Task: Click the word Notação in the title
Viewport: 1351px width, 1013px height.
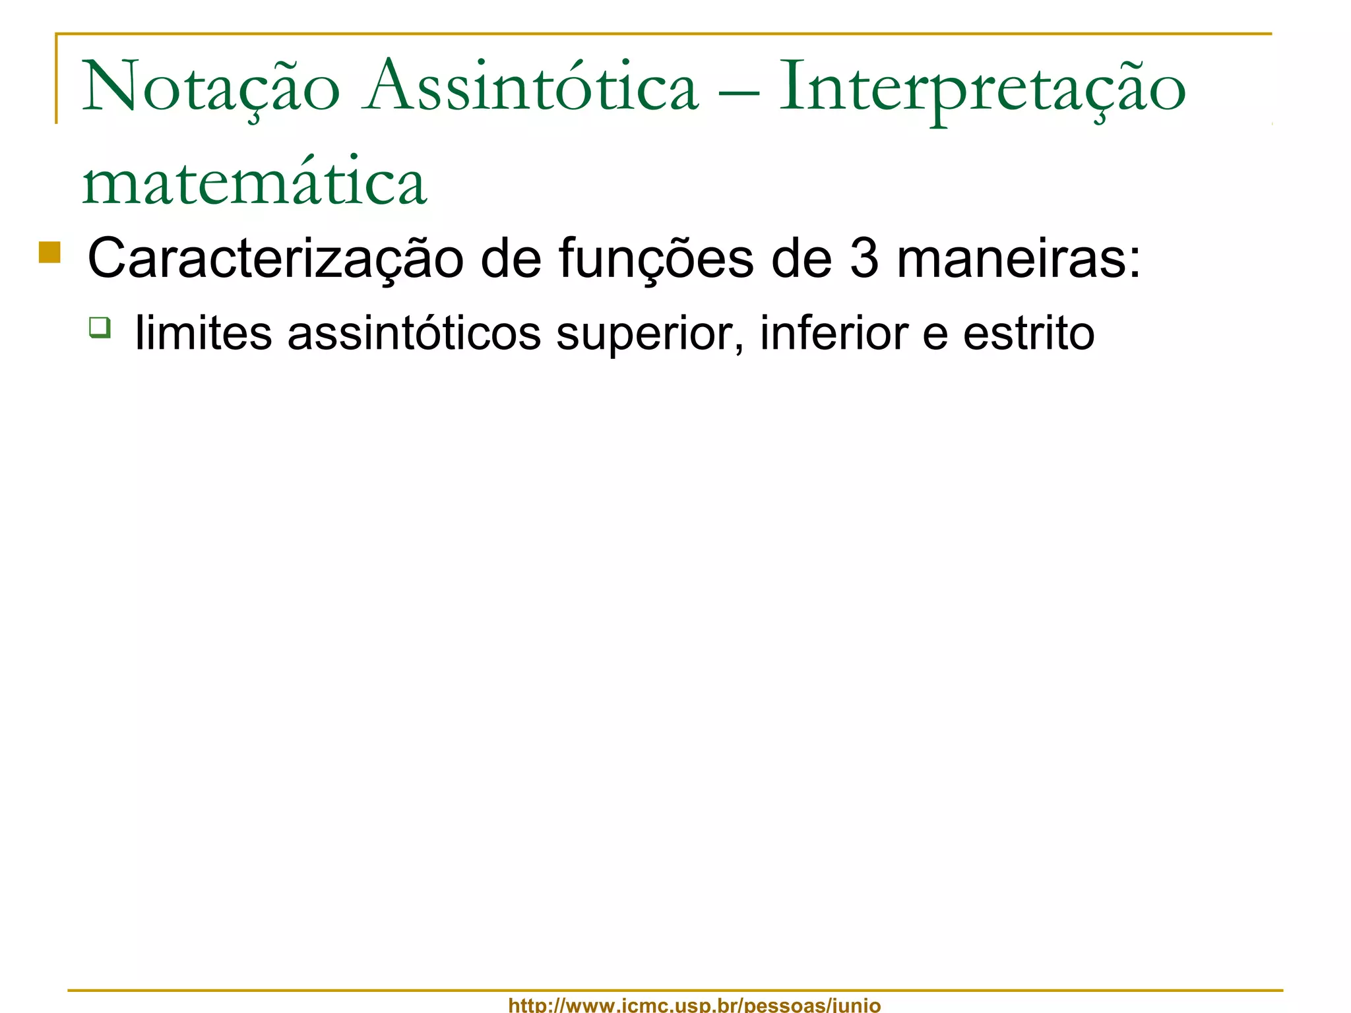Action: (x=210, y=88)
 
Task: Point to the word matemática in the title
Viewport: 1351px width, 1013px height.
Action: (x=255, y=182)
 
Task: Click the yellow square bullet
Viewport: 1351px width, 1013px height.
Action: (x=49, y=253)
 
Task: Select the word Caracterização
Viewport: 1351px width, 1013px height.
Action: (x=275, y=259)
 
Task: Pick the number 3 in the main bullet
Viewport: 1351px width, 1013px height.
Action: (x=864, y=259)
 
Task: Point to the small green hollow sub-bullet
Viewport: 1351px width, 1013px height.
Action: (x=100, y=327)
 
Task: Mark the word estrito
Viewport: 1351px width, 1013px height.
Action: (x=1028, y=334)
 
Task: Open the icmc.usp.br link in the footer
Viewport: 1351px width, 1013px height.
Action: (x=694, y=1005)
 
